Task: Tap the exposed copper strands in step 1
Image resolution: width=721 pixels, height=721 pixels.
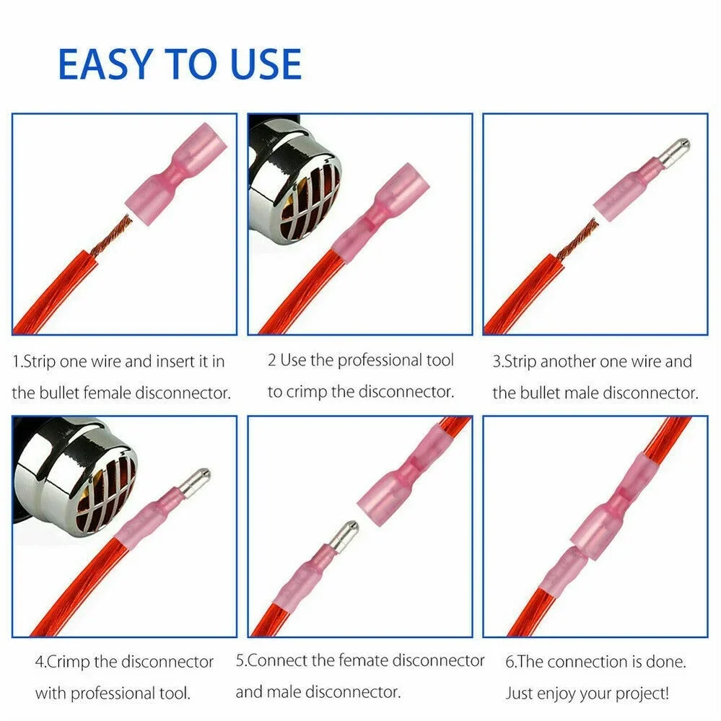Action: pos(111,235)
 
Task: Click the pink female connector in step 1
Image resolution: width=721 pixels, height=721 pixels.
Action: pos(176,174)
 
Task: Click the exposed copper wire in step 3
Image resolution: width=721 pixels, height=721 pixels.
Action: pos(577,238)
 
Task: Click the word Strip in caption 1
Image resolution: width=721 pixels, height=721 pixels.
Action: pos(40,362)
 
